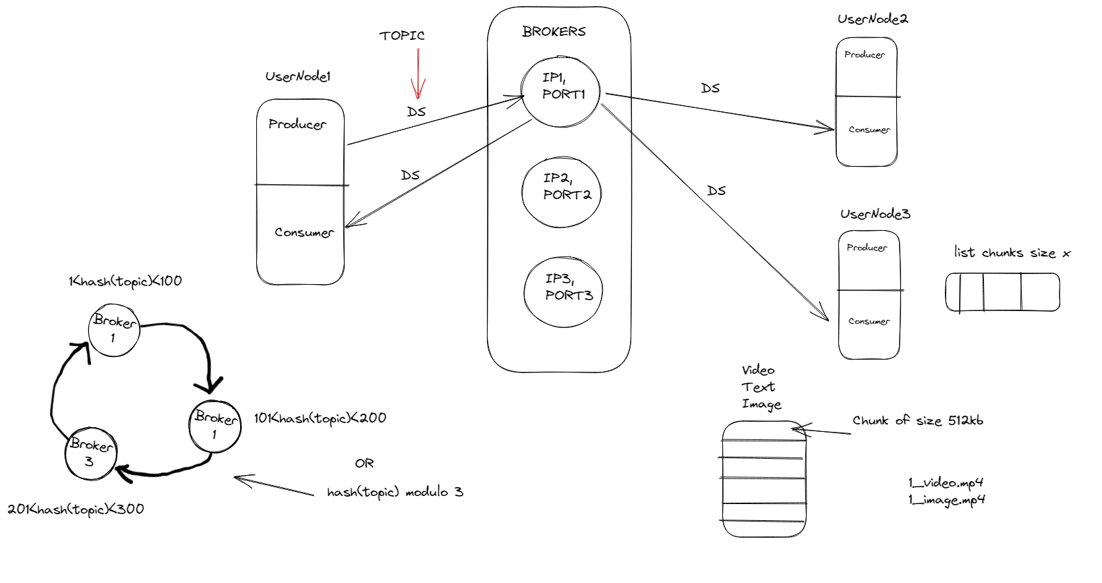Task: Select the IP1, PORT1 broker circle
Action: (x=560, y=90)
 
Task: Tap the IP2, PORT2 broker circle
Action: (x=561, y=192)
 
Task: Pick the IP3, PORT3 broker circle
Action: (x=563, y=291)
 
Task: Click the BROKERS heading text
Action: (x=554, y=32)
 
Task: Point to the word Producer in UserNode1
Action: (x=297, y=124)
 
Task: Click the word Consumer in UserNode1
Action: (x=303, y=232)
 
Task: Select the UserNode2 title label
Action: (x=872, y=19)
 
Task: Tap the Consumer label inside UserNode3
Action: (x=869, y=321)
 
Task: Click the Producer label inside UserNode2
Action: (x=864, y=55)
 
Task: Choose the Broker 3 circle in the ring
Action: (x=90, y=453)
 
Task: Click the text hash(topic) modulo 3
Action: (x=395, y=492)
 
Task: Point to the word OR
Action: (x=364, y=463)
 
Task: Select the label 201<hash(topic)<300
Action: (x=76, y=509)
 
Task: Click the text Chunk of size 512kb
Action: (x=917, y=420)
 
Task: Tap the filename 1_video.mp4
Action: (x=945, y=482)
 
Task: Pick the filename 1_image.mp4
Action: (x=946, y=500)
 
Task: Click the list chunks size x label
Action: (x=1012, y=252)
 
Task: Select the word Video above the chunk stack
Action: (x=758, y=370)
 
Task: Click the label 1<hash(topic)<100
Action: (x=125, y=281)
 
